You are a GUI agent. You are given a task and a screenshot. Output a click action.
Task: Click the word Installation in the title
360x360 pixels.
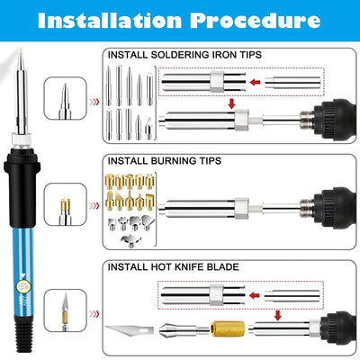110,21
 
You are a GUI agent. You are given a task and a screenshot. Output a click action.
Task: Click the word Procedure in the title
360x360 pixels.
256,21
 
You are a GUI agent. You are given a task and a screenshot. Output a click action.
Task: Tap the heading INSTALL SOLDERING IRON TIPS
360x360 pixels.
184,55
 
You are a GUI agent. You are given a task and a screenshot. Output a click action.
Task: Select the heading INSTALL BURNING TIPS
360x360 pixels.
165,161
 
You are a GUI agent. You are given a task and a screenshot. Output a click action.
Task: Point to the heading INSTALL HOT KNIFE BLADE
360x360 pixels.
174,266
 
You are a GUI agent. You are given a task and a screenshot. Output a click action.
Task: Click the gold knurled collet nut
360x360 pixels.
228,328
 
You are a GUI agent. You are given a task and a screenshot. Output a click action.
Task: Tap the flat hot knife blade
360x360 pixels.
130,330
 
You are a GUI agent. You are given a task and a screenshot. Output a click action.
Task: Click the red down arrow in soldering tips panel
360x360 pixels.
231,103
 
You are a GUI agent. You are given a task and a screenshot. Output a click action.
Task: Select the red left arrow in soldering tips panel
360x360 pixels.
255,82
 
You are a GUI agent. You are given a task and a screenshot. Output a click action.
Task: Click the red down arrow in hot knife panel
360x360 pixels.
278,315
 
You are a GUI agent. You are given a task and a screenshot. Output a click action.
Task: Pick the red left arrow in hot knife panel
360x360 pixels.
255,295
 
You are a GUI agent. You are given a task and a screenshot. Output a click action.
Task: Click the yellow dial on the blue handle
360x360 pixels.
22,287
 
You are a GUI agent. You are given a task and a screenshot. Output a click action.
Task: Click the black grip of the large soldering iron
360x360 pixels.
22,187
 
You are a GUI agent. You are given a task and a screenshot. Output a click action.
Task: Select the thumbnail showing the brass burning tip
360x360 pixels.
66,204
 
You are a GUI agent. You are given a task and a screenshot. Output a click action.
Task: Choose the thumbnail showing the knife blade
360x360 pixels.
66,310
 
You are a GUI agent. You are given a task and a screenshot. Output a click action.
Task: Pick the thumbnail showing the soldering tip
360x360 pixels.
66,98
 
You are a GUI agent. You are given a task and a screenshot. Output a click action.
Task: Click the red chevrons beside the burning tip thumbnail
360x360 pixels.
94,206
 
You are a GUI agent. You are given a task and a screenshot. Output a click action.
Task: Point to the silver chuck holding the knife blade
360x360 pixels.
177,330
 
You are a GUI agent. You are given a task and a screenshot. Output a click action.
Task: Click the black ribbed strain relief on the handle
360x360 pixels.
23,338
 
